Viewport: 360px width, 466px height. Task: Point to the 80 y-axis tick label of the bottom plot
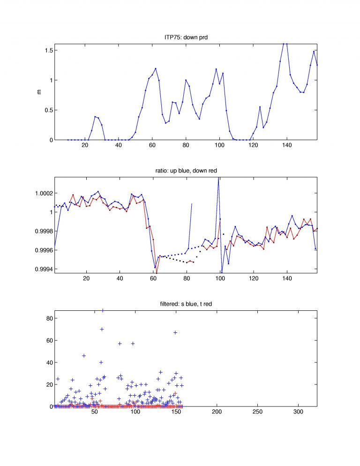49,318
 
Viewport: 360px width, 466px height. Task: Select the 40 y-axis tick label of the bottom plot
49,362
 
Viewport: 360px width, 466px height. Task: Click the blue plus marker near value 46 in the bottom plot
84,356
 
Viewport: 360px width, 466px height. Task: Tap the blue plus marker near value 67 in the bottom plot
175,332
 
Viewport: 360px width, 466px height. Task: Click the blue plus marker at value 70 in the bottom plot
102,329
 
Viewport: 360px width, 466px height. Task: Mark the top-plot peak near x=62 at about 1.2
156,68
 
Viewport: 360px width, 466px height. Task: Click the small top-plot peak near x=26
95,117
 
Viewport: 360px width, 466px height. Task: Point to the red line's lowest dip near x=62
157,273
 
